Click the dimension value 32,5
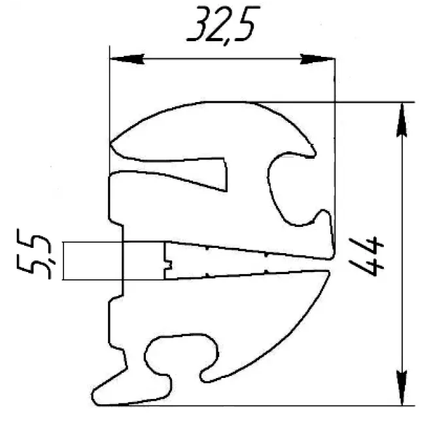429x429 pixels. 223,25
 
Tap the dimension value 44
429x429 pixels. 366,256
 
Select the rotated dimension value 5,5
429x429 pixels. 33,254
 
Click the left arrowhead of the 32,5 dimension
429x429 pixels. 127,59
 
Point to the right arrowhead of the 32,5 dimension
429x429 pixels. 317,59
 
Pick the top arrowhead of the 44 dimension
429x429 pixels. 402,120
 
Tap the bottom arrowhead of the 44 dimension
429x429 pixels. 402,388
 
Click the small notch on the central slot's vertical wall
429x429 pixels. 169,265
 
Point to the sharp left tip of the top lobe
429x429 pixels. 111,143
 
